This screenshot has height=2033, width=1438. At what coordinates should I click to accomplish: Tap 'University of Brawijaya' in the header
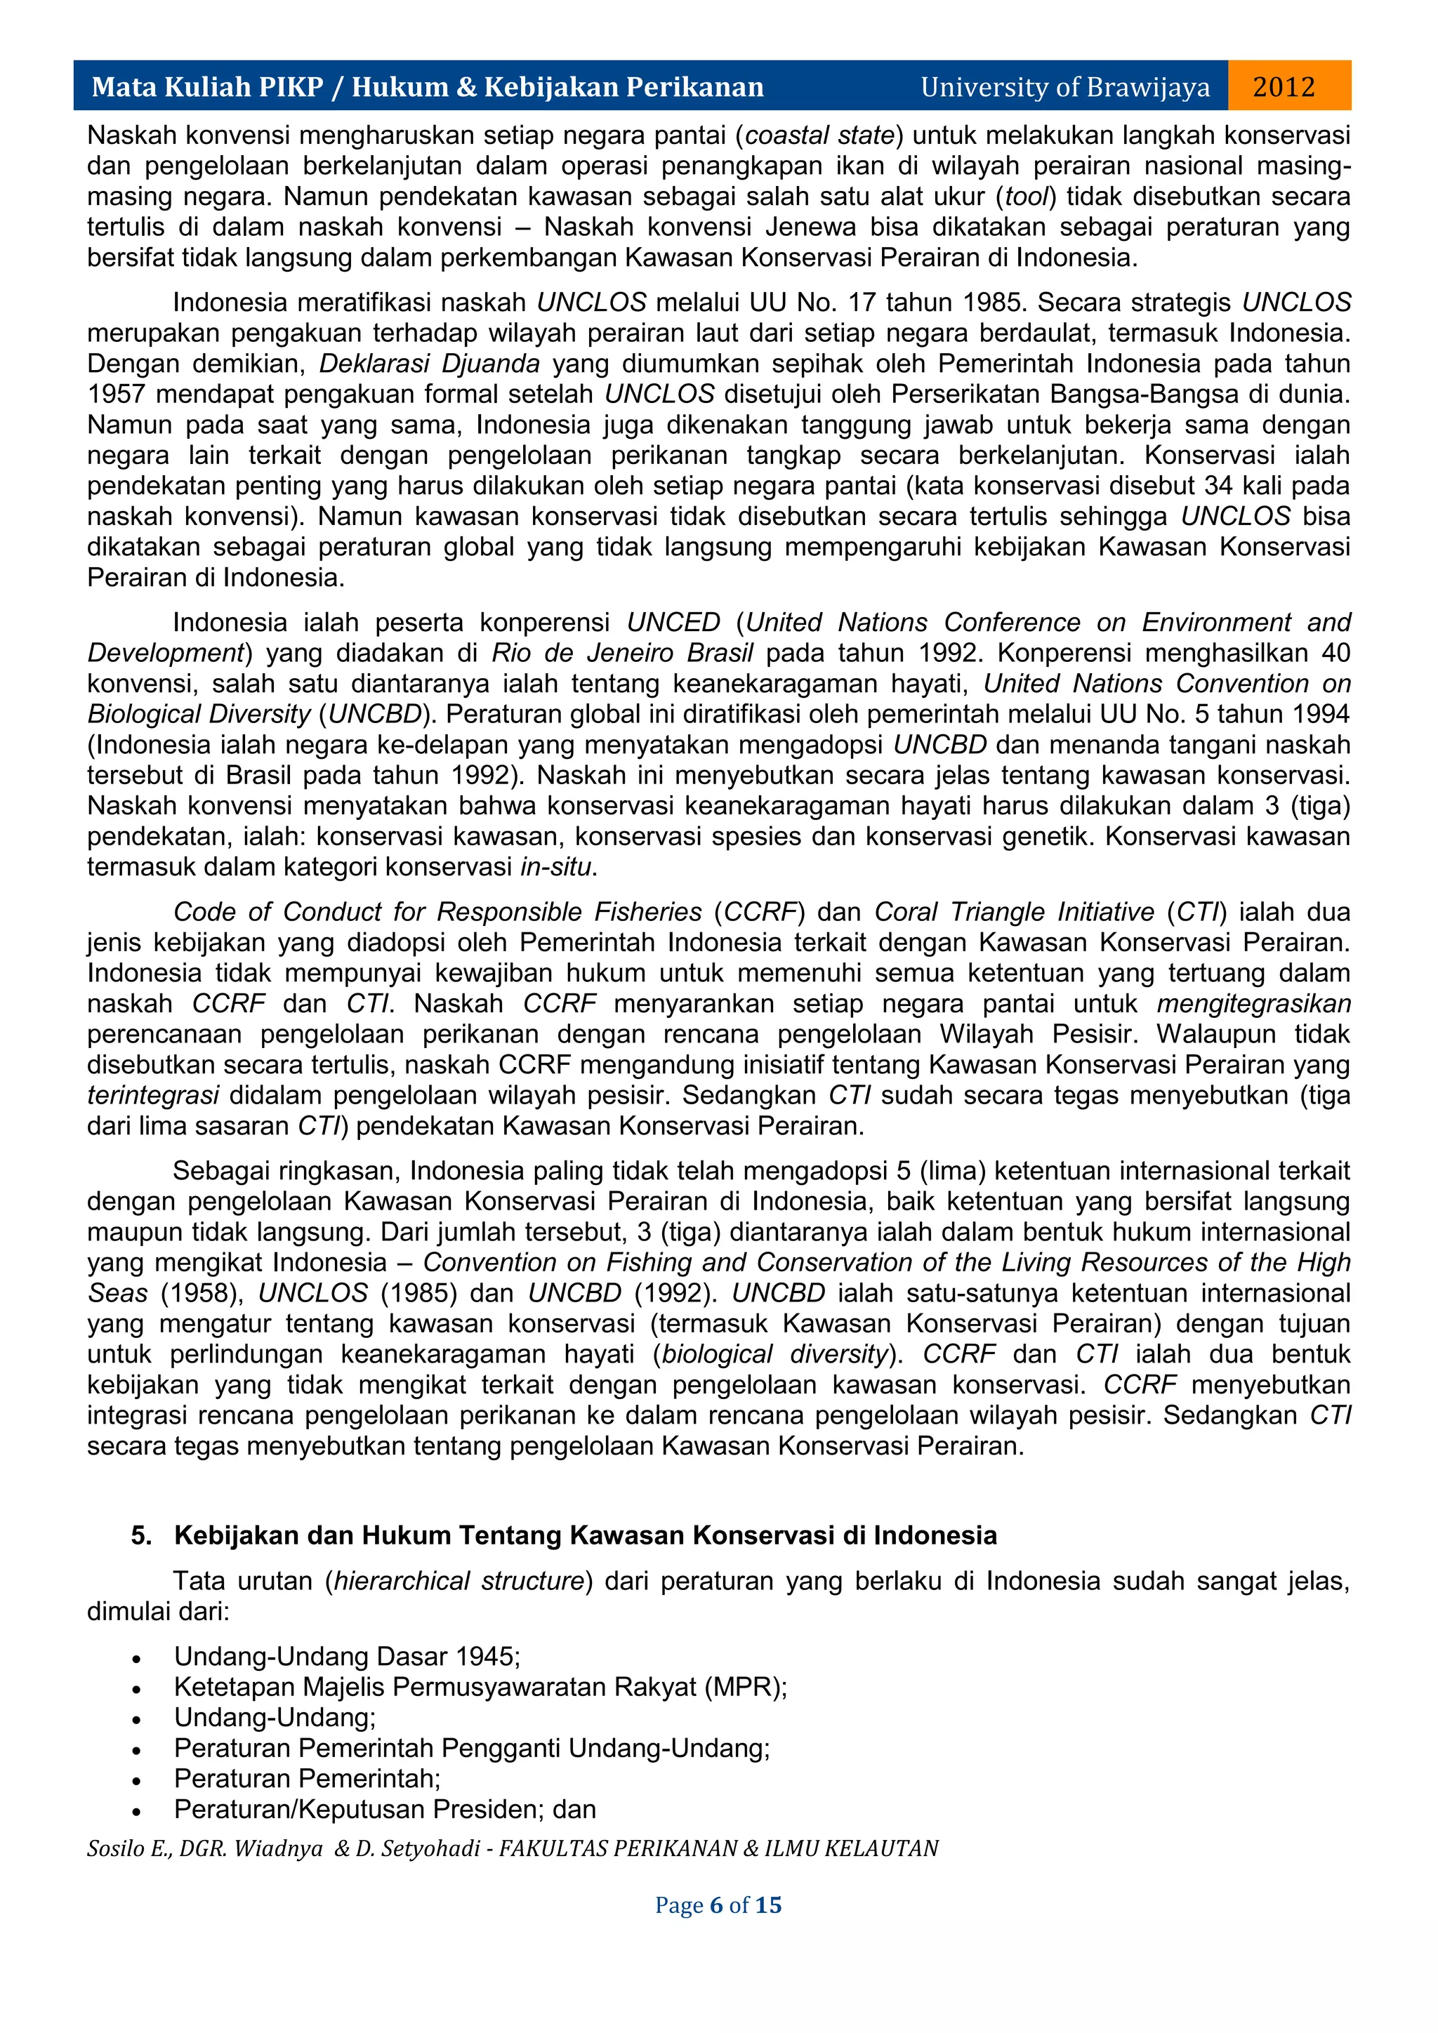pos(1064,87)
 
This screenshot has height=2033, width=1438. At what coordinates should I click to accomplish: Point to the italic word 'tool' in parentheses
pos(1027,197)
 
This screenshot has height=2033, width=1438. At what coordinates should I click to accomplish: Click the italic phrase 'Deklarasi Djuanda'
pos(430,364)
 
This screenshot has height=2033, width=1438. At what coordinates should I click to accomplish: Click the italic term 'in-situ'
pos(555,867)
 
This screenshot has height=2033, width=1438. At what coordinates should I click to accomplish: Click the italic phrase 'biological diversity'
pos(774,1355)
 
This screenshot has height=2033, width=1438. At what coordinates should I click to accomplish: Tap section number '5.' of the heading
pos(142,1535)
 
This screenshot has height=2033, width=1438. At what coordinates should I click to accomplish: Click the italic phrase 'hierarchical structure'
pos(459,1582)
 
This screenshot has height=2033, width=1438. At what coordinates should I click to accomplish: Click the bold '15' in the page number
pos(767,1905)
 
